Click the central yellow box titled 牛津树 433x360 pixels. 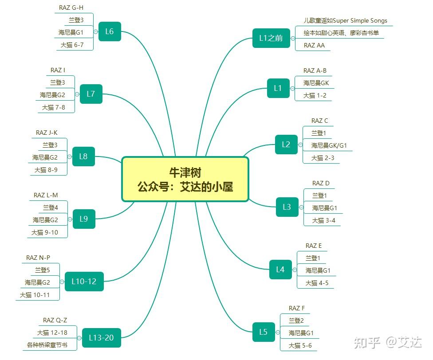tap(185, 179)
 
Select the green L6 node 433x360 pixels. tap(110, 31)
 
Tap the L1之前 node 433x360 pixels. tap(271, 38)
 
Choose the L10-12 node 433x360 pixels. tap(84, 281)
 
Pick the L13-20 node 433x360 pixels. tap(101, 338)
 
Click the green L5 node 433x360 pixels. tap(264, 332)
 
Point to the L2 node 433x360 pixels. tap(286, 145)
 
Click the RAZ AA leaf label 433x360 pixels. tap(314, 45)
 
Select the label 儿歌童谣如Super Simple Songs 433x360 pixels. tap(345, 20)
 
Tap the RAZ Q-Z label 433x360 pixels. tap(55, 320)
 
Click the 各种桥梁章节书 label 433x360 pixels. tap(47, 344)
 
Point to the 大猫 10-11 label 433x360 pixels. tap(35, 295)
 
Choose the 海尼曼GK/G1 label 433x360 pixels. tap(329, 145)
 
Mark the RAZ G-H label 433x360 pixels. tap(71, 8)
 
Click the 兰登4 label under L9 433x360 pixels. tap(51, 207)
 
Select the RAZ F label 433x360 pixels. tap(297, 308)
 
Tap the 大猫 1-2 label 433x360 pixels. tap(315, 95)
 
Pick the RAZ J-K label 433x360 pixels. tap(47, 133)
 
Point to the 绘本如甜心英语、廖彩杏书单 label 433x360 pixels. tap(341, 33)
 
